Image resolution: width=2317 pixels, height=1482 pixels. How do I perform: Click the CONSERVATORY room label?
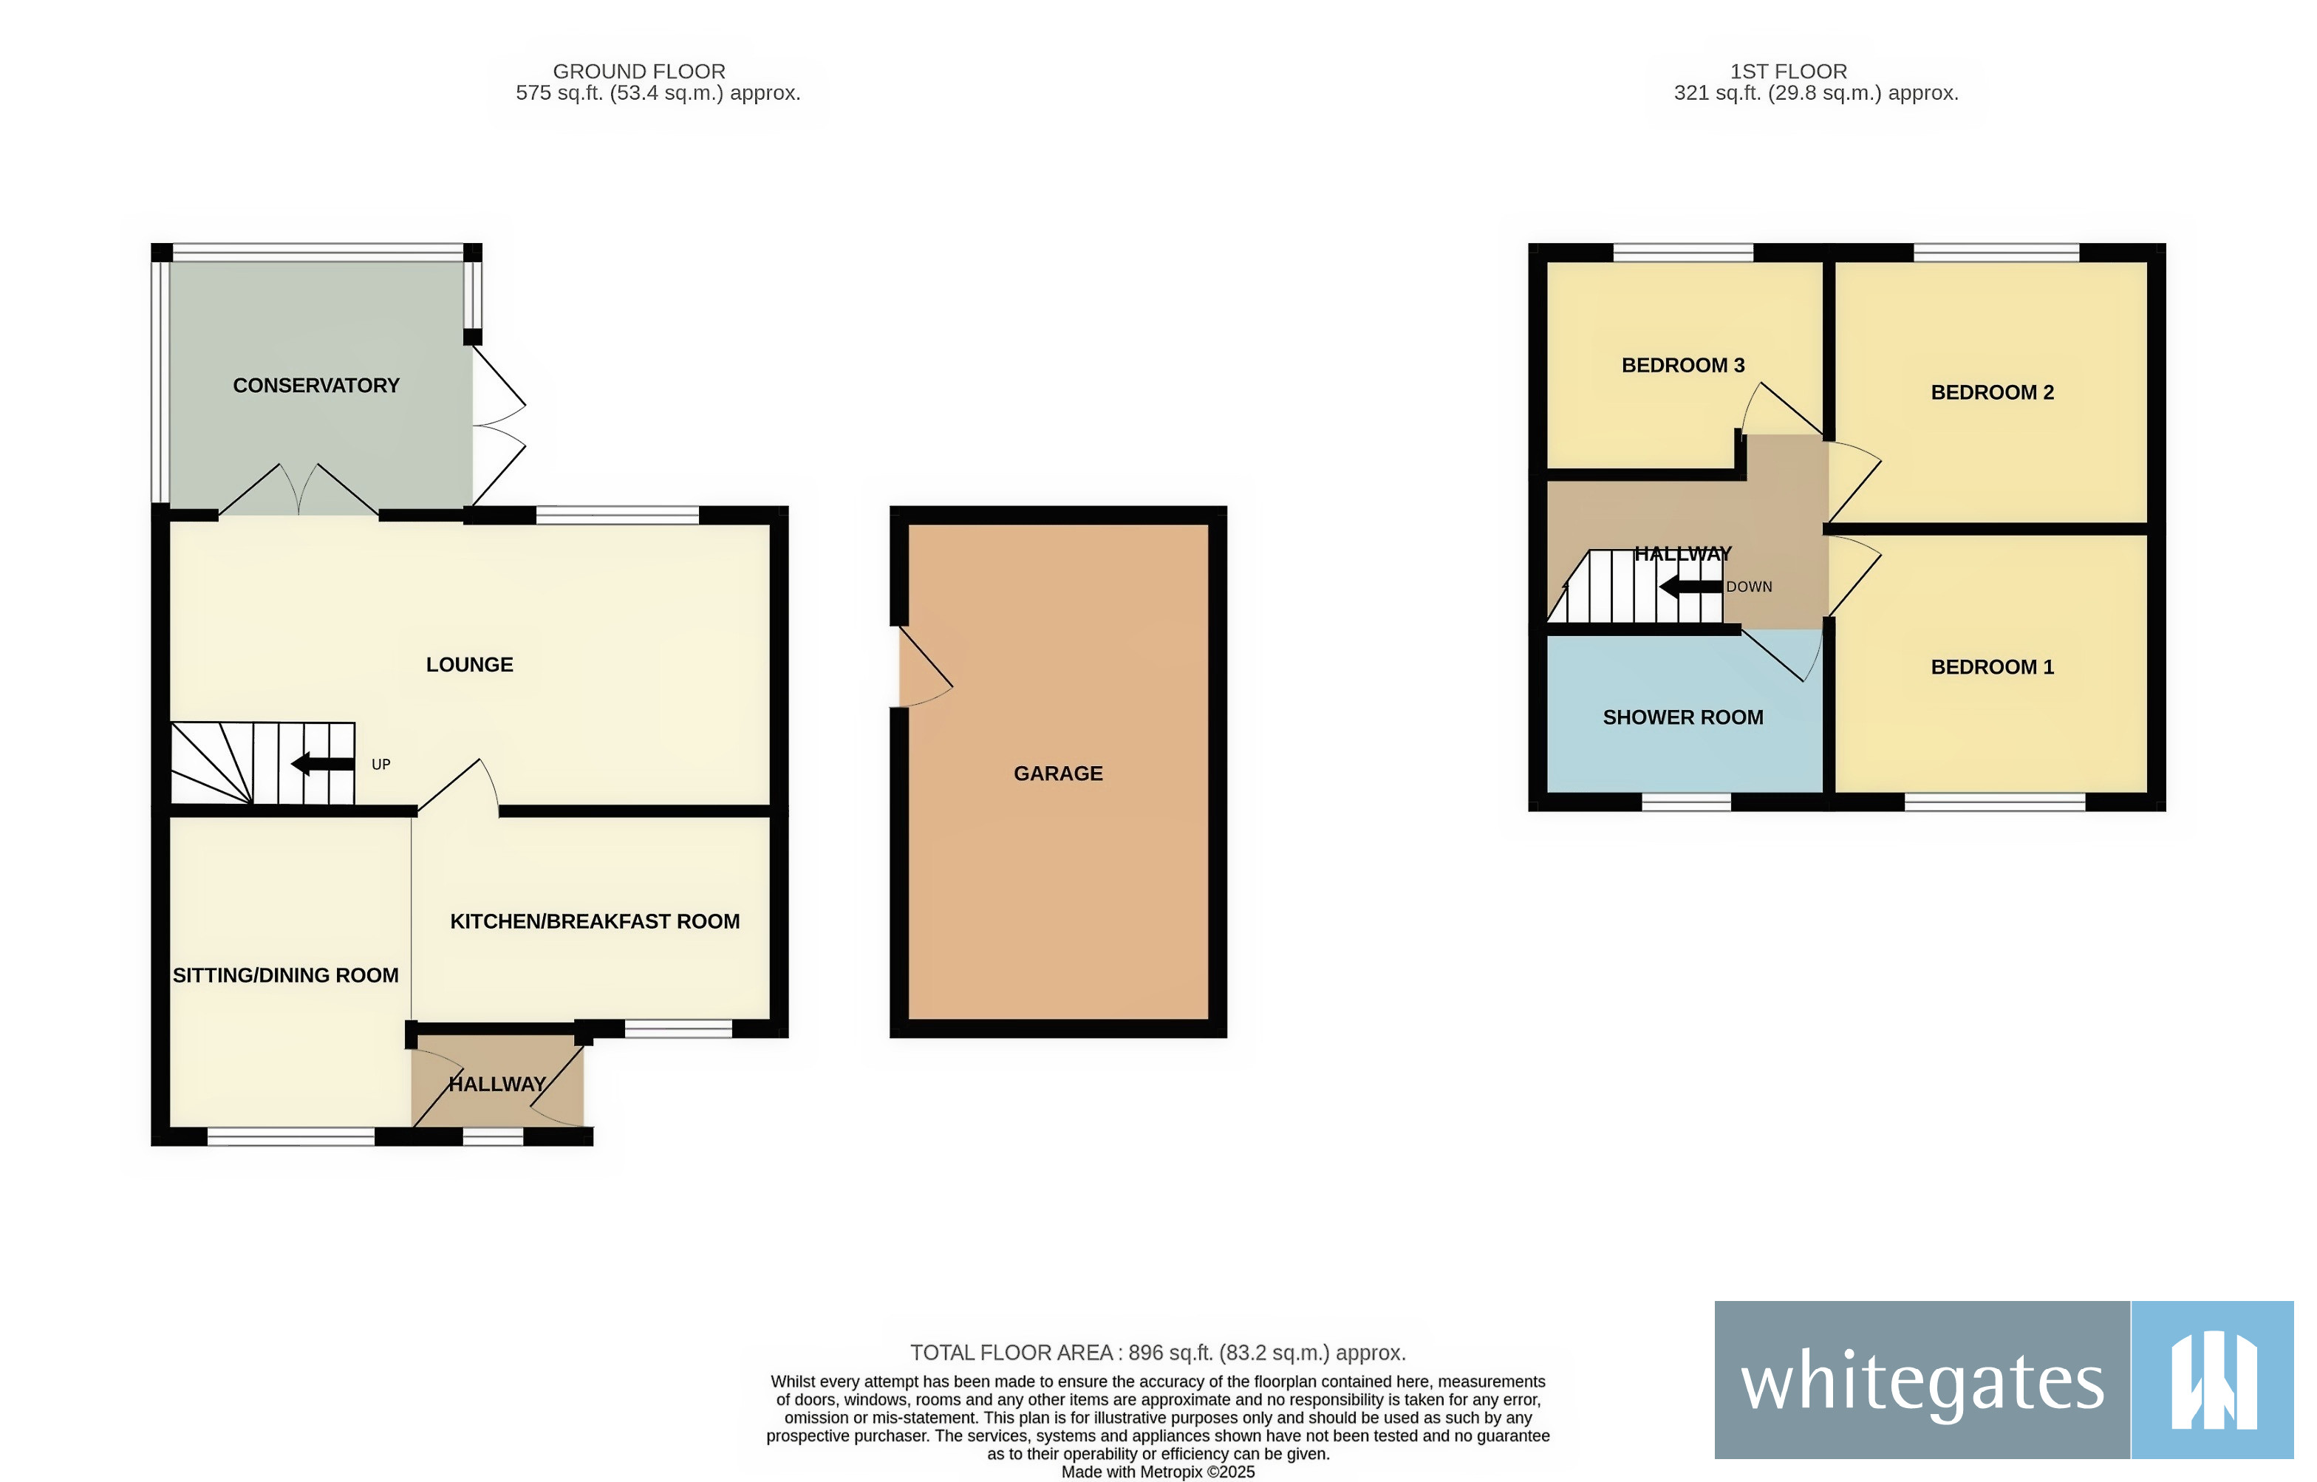tap(315, 386)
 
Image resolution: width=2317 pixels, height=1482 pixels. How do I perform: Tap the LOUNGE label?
tap(470, 665)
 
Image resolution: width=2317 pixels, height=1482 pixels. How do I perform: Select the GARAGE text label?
tap(1059, 774)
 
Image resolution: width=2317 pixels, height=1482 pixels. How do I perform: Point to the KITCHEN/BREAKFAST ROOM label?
tap(595, 922)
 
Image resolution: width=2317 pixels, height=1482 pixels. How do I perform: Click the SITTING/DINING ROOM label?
tap(286, 976)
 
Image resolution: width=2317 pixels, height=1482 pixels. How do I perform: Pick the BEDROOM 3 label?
tap(1683, 366)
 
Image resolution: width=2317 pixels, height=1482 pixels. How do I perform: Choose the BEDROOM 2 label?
tap(1992, 392)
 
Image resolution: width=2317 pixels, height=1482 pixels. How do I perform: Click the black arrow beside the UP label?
tap(322, 764)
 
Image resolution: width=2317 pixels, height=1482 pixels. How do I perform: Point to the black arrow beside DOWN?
tap(1690, 586)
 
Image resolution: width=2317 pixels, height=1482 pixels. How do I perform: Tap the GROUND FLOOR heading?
tap(639, 71)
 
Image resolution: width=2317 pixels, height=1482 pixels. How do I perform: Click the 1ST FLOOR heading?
tap(1789, 71)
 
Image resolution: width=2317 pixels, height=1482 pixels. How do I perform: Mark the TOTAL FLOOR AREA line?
tap(1158, 1353)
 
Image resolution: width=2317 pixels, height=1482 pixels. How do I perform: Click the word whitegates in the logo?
tap(1922, 1382)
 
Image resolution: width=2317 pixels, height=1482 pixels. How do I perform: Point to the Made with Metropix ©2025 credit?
tap(1158, 1472)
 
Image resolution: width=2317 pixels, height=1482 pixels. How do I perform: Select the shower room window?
tap(1686, 802)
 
